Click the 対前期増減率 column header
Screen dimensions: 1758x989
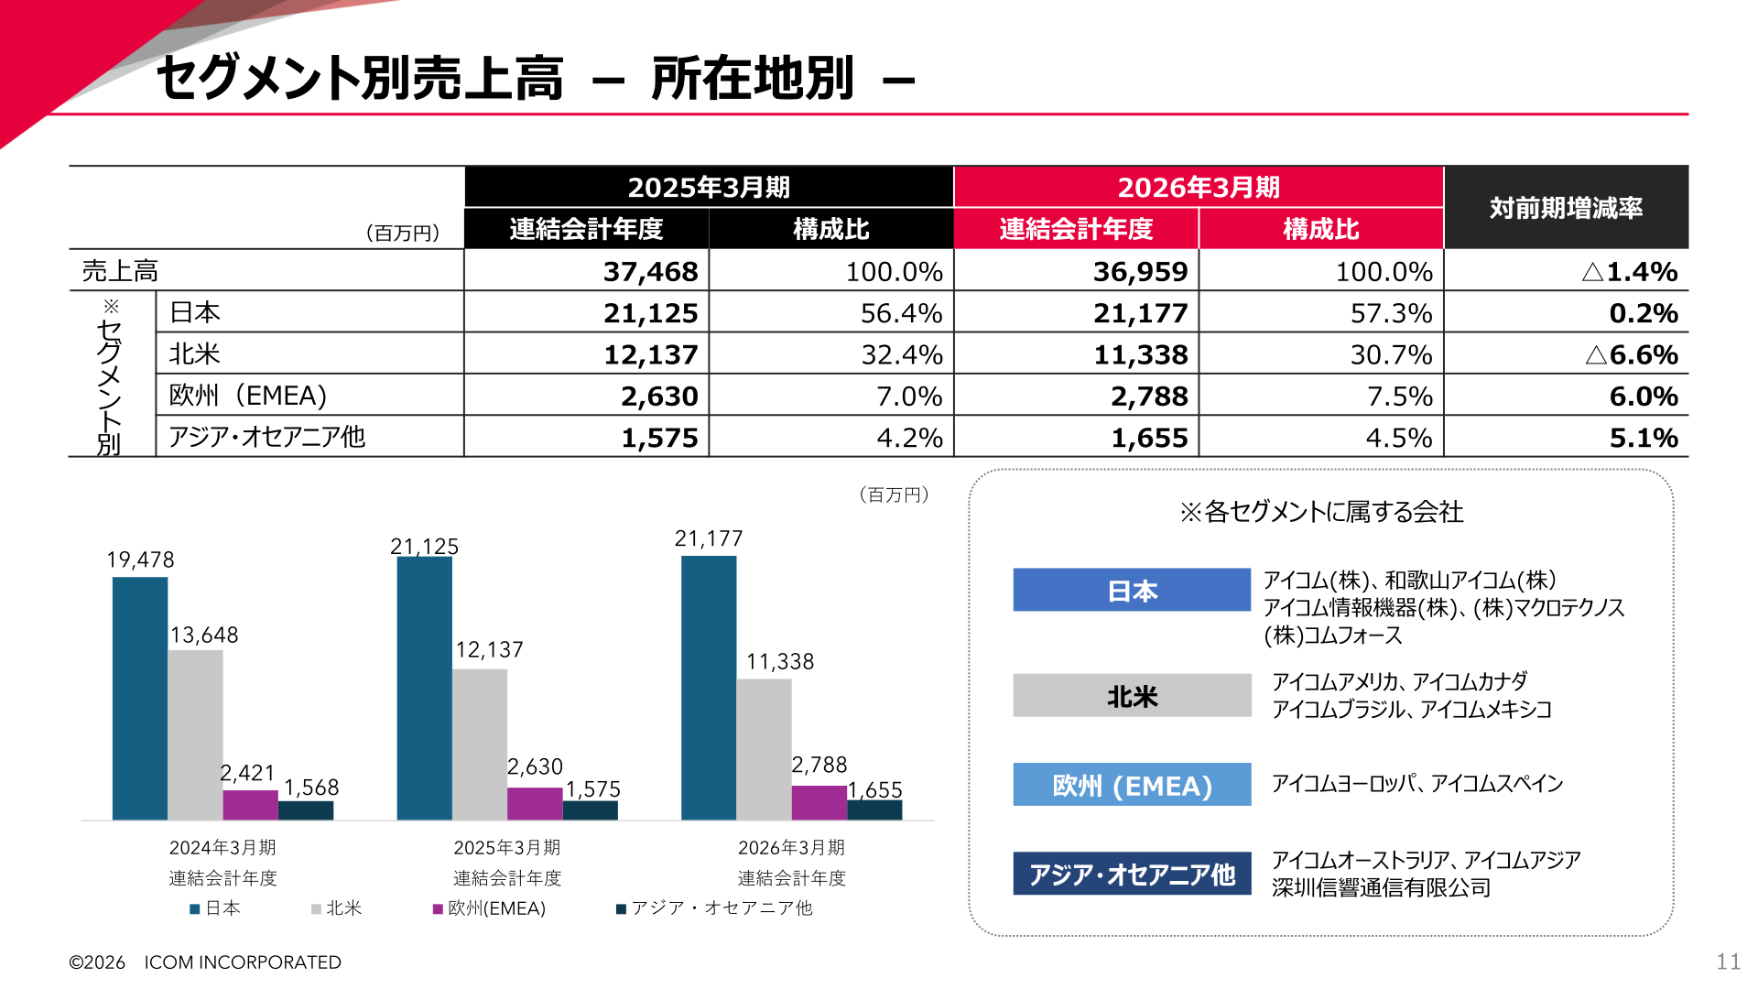click(x=1566, y=208)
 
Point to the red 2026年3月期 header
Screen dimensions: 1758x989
click(x=1199, y=187)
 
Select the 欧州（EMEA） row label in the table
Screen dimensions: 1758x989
click(x=248, y=396)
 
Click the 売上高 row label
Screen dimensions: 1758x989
click(x=120, y=271)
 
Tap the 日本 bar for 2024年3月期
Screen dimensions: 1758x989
click(x=140, y=698)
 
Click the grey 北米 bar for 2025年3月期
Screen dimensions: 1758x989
click(x=480, y=744)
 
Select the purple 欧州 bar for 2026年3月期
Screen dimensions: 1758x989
click(x=819, y=802)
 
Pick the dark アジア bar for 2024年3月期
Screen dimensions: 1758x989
click(x=306, y=810)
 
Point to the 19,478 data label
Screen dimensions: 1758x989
click(x=140, y=560)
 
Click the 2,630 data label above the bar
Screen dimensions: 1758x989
click(x=535, y=766)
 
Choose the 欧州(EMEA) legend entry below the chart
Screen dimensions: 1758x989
click(x=490, y=908)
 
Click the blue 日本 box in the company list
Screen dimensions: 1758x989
click(x=1132, y=590)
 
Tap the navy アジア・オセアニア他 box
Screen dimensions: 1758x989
click(x=1132, y=874)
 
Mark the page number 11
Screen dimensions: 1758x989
click(x=1728, y=962)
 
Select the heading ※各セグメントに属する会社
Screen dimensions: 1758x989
click(x=1321, y=512)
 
